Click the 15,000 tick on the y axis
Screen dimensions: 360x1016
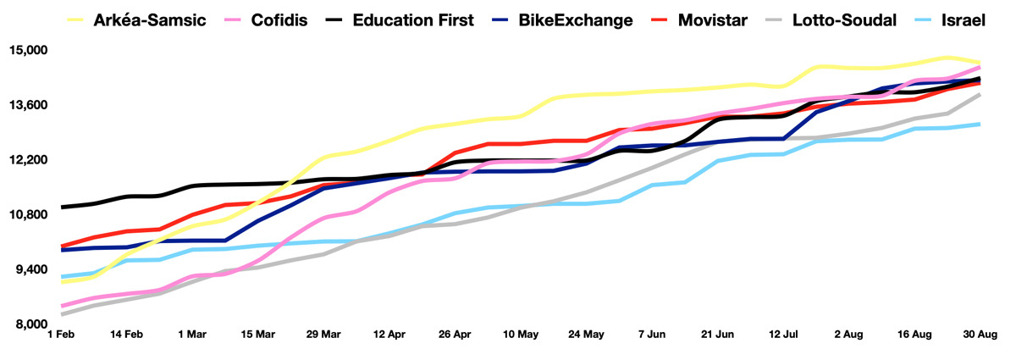coord(28,51)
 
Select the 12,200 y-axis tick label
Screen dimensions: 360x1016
coord(28,160)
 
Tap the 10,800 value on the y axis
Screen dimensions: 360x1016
coord(28,215)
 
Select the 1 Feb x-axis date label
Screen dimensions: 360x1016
coord(61,335)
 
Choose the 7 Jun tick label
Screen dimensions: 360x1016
coord(652,335)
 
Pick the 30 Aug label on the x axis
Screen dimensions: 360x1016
coord(980,335)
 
